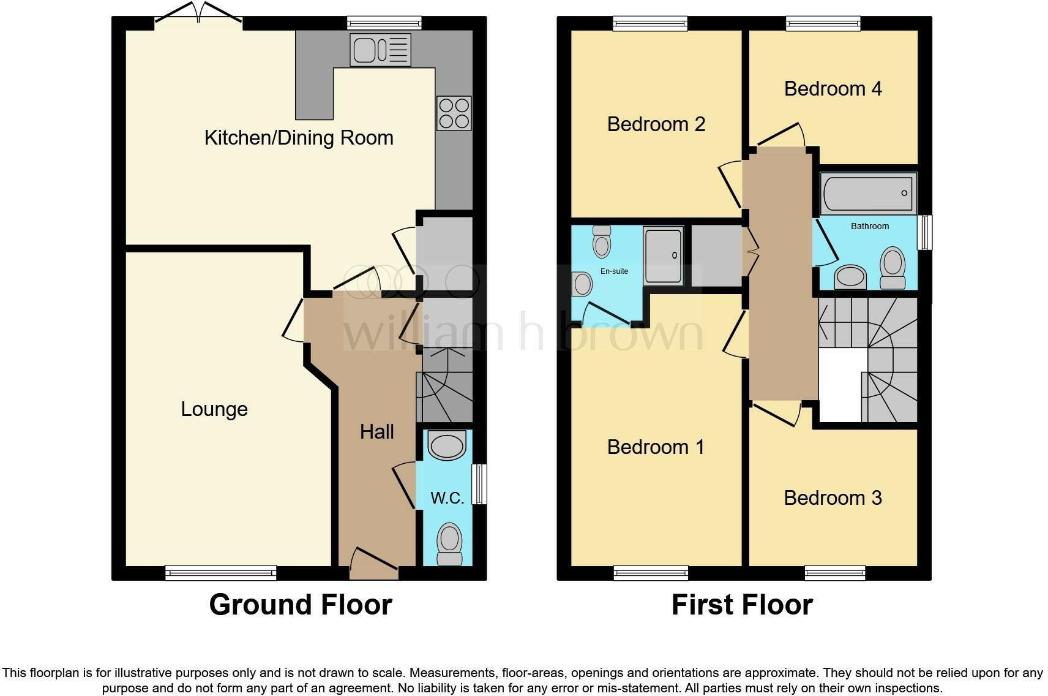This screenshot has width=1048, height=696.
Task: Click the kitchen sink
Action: click(x=380, y=50)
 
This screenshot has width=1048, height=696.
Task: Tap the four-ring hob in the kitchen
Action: click(x=454, y=113)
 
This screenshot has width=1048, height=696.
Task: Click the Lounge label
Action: click(x=214, y=409)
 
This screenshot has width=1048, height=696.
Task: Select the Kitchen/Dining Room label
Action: click(x=299, y=138)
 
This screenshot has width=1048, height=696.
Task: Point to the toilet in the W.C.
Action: click(x=450, y=544)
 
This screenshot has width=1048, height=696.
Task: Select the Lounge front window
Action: click(x=220, y=573)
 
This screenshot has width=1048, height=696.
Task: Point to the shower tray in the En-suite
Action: click(x=663, y=255)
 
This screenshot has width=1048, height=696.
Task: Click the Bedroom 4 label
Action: click(x=833, y=89)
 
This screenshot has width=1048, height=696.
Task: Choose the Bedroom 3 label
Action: click(x=833, y=498)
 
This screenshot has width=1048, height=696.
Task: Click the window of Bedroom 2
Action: click(x=651, y=23)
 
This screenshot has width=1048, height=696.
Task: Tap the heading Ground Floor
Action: click(x=300, y=605)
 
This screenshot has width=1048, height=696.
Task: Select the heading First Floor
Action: click(x=741, y=605)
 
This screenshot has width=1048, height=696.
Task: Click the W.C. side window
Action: click(x=481, y=484)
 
